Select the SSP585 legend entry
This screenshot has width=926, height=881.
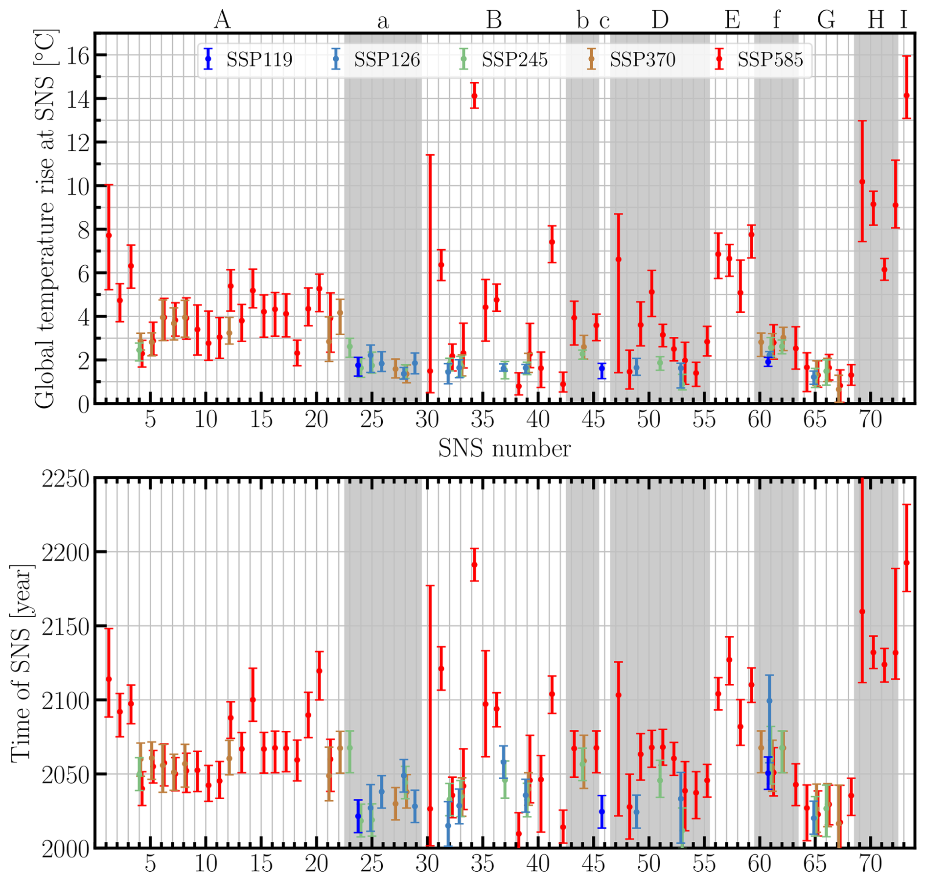coord(760,59)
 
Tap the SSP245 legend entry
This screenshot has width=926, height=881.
coord(504,59)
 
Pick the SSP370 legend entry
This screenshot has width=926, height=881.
coord(632,59)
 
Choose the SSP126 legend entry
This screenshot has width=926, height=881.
coord(376,59)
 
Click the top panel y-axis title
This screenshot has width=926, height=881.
coord(45,218)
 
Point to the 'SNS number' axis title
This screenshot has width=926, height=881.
coord(504,448)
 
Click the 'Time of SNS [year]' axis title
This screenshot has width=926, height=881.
coord(22,664)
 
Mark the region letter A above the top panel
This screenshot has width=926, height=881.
coord(222,20)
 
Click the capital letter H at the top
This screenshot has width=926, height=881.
coord(876,20)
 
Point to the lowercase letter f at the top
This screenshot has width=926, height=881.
coord(776,20)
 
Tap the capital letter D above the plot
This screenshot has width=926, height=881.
coord(660,20)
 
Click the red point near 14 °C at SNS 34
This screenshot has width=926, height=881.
coord(474,95)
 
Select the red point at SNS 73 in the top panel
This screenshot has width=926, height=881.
coord(906,95)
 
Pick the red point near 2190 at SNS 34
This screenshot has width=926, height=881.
coord(474,564)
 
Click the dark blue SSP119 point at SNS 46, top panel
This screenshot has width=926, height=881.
coord(602,371)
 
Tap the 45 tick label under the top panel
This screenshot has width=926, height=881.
coord(593,419)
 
